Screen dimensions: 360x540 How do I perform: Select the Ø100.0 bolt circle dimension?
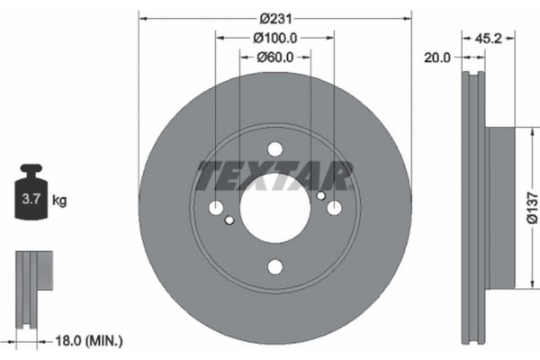274,38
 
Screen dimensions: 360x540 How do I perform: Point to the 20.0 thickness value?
436,57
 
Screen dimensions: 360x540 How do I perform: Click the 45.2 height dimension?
489,38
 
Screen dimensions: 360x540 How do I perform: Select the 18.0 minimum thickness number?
69,340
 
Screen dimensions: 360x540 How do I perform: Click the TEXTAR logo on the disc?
274,174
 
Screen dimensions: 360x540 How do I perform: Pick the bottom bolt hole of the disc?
274,267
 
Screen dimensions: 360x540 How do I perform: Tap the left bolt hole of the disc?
216,209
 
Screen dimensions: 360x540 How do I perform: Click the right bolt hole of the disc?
333,209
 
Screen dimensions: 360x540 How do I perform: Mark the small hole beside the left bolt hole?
229,220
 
